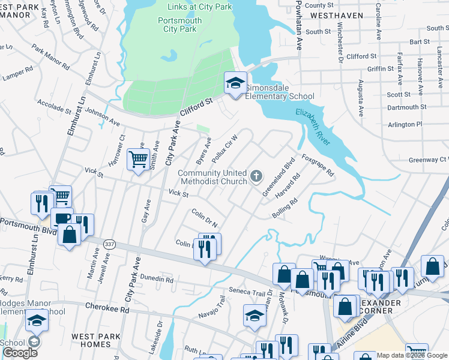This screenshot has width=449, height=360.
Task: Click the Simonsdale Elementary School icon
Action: (x=235, y=83)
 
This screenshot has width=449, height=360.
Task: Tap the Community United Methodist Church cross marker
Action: (x=256, y=176)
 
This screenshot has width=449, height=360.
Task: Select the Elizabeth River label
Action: (x=313, y=127)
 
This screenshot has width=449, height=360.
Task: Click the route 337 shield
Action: (x=110, y=244)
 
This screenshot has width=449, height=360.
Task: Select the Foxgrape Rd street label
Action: (x=318, y=164)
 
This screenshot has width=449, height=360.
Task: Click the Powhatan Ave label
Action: (x=297, y=25)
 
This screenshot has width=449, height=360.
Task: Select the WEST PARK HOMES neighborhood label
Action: (x=95, y=340)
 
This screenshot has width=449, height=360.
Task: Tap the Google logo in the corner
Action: (x=20, y=353)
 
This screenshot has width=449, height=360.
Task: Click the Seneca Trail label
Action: (x=246, y=292)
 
